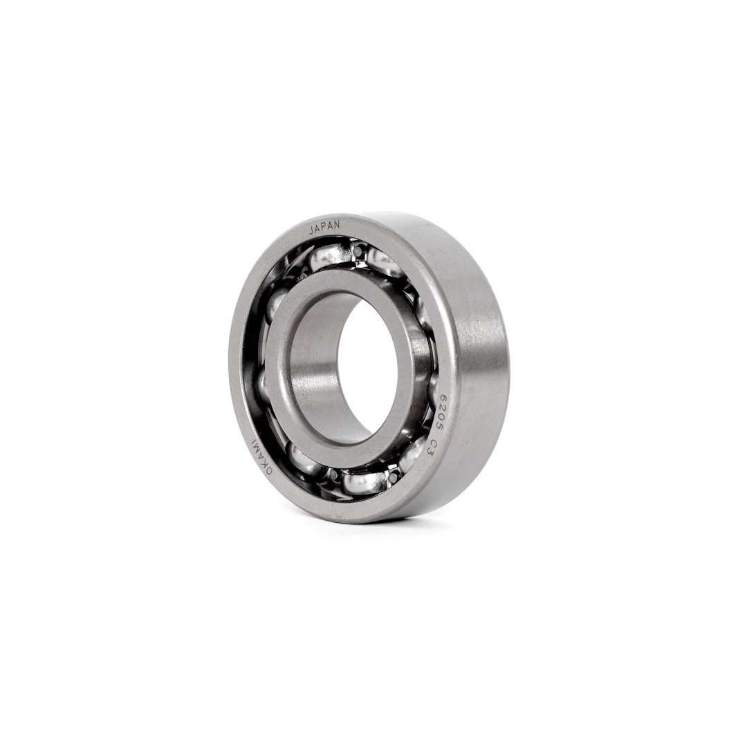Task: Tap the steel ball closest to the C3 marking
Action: click(x=414, y=453)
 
